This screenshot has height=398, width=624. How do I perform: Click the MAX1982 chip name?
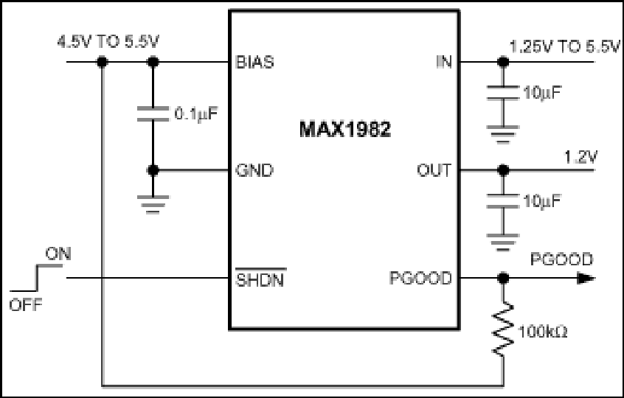point(345,129)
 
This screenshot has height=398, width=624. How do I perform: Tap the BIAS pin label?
point(254,63)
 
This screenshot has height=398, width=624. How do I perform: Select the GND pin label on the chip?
point(254,170)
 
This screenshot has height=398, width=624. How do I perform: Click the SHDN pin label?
point(260,279)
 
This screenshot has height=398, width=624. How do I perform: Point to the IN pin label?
point(444,63)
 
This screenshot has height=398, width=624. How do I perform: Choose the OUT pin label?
point(434,170)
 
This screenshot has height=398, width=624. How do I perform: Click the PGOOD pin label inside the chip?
point(420,279)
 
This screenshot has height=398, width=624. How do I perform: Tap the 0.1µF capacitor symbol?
point(153,114)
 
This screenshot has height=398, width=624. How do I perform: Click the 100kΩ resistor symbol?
point(503,329)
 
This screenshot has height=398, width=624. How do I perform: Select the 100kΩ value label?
point(543,332)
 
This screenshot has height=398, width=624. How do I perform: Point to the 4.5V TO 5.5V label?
point(108,42)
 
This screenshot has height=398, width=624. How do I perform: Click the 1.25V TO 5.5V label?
point(565,47)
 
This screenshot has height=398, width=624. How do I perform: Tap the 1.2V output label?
point(580,158)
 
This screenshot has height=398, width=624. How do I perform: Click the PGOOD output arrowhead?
point(586,279)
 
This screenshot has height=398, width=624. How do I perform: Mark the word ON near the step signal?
point(58,254)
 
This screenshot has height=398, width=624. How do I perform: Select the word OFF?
point(26,305)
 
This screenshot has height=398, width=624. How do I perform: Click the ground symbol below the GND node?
point(153,205)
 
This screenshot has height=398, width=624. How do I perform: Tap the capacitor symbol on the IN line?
point(503,93)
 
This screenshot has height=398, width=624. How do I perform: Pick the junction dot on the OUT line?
point(503,170)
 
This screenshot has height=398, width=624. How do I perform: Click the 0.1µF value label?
point(196,114)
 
